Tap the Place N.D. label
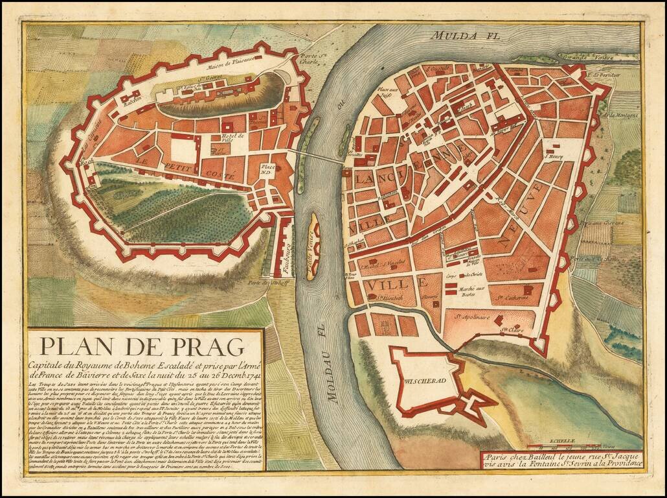pyautogui.click(x=267, y=170)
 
